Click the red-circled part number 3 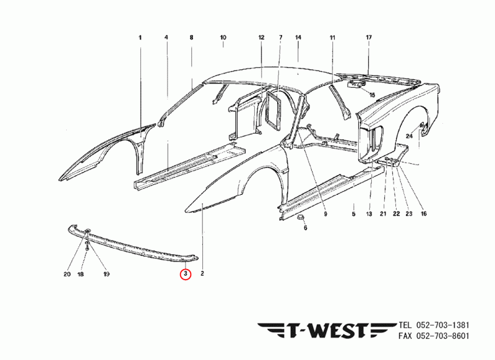point(185,273)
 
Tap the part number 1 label point(140,38)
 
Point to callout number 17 point(369,38)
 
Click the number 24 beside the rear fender point(409,135)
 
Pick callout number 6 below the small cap point(305,228)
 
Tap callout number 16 point(424,214)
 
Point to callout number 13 point(369,214)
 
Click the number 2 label point(202,273)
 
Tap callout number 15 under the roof point(372,95)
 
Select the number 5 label point(353,214)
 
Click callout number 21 point(383,214)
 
